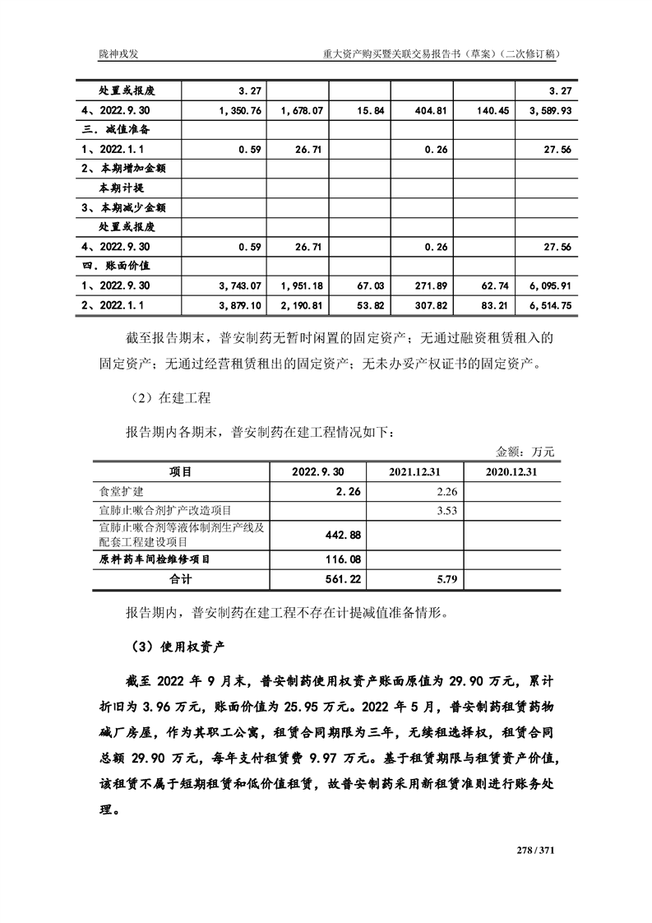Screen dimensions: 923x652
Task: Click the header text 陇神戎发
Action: click(x=117, y=53)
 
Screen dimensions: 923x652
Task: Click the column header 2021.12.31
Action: click(x=415, y=472)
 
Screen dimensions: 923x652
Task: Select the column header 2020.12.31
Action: click(x=511, y=472)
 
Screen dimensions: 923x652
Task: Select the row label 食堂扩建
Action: click(x=121, y=491)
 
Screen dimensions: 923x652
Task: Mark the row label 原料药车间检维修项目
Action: click(x=154, y=559)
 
